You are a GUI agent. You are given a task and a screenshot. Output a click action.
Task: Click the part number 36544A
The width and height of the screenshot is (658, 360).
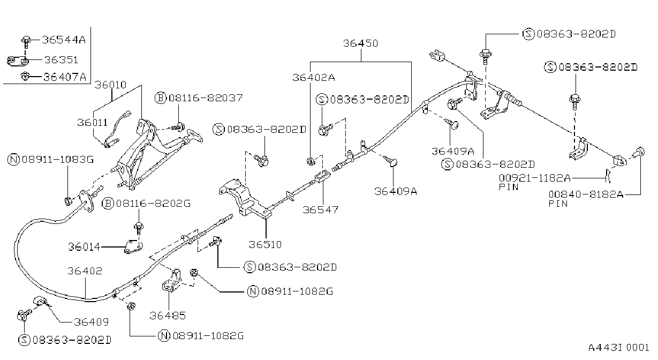click(x=64, y=40)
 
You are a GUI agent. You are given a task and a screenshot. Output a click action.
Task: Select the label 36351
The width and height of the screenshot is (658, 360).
click(x=61, y=60)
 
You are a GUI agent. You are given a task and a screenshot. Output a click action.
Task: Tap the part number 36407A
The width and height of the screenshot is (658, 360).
click(x=65, y=77)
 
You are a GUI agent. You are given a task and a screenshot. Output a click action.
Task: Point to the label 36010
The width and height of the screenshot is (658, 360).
click(x=110, y=85)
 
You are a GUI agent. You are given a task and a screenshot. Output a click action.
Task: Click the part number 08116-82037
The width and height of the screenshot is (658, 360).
click(x=206, y=97)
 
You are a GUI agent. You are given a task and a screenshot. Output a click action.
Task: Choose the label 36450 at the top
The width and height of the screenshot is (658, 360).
click(x=360, y=43)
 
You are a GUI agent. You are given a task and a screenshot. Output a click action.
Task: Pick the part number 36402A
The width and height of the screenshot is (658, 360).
click(x=313, y=77)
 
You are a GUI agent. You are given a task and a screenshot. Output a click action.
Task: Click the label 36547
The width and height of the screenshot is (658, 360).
click(x=321, y=209)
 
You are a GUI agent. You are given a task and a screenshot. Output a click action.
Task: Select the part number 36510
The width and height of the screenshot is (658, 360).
click(x=265, y=244)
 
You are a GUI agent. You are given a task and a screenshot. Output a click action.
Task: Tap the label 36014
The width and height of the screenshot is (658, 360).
click(x=84, y=246)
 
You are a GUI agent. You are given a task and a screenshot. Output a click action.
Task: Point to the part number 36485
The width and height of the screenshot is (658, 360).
click(x=168, y=316)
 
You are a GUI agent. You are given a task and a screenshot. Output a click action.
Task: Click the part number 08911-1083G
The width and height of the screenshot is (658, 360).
click(x=58, y=159)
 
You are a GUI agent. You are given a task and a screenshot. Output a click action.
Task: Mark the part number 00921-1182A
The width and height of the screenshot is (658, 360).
click(x=535, y=177)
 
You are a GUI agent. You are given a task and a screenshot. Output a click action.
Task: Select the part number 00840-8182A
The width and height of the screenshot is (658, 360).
click(x=586, y=194)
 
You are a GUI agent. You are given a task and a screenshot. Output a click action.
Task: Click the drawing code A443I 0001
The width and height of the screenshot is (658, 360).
click(x=618, y=348)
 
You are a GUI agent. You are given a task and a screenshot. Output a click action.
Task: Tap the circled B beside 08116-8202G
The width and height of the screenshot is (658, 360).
click(x=108, y=204)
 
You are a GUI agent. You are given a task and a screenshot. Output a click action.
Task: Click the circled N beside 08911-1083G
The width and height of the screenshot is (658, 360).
click(x=13, y=160)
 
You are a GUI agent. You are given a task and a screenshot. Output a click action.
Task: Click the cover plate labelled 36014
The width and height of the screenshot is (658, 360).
click(x=133, y=246)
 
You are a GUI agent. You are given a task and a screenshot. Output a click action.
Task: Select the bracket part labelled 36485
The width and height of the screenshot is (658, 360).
click(x=172, y=281)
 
